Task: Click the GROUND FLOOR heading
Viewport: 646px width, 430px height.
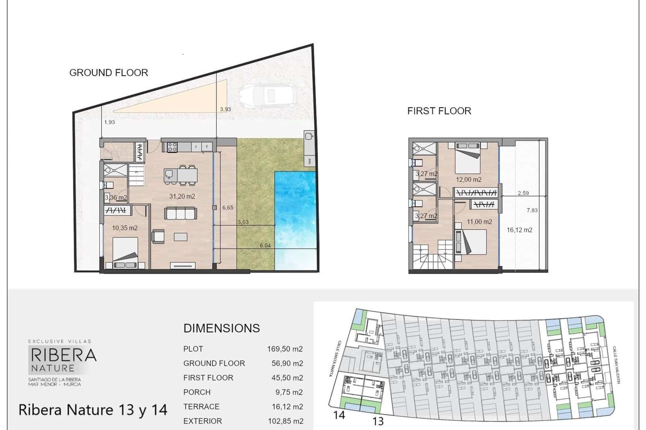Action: pos(109,73)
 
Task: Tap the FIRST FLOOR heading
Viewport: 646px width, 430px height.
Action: pos(439,111)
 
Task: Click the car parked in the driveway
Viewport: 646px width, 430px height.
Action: pos(268,96)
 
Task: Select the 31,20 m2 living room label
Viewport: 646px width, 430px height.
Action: pos(182,196)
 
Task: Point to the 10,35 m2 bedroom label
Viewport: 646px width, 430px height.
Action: pos(125,228)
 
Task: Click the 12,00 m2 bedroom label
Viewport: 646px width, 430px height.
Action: pos(469,180)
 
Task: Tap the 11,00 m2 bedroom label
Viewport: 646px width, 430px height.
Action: pos(479,222)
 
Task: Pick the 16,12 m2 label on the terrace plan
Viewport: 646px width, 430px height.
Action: pos(519,230)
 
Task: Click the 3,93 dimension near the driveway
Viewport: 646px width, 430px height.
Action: pos(226,110)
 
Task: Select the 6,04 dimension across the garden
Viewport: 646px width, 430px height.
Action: pos(265,246)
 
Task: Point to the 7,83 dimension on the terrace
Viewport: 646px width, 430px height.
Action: pos(532,211)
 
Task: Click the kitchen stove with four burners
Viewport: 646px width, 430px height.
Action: pos(172,147)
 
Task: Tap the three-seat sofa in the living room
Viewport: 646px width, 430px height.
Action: pos(181,213)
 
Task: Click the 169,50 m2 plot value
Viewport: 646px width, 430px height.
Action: pos(285,349)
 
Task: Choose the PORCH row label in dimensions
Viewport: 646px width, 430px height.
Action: pos(197,392)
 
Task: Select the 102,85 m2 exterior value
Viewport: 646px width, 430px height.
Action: pos(286,421)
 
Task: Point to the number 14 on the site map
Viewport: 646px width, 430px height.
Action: pos(339,415)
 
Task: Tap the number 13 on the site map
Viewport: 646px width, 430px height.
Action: pos(378,422)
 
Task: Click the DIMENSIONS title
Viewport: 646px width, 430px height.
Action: pos(222,328)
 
